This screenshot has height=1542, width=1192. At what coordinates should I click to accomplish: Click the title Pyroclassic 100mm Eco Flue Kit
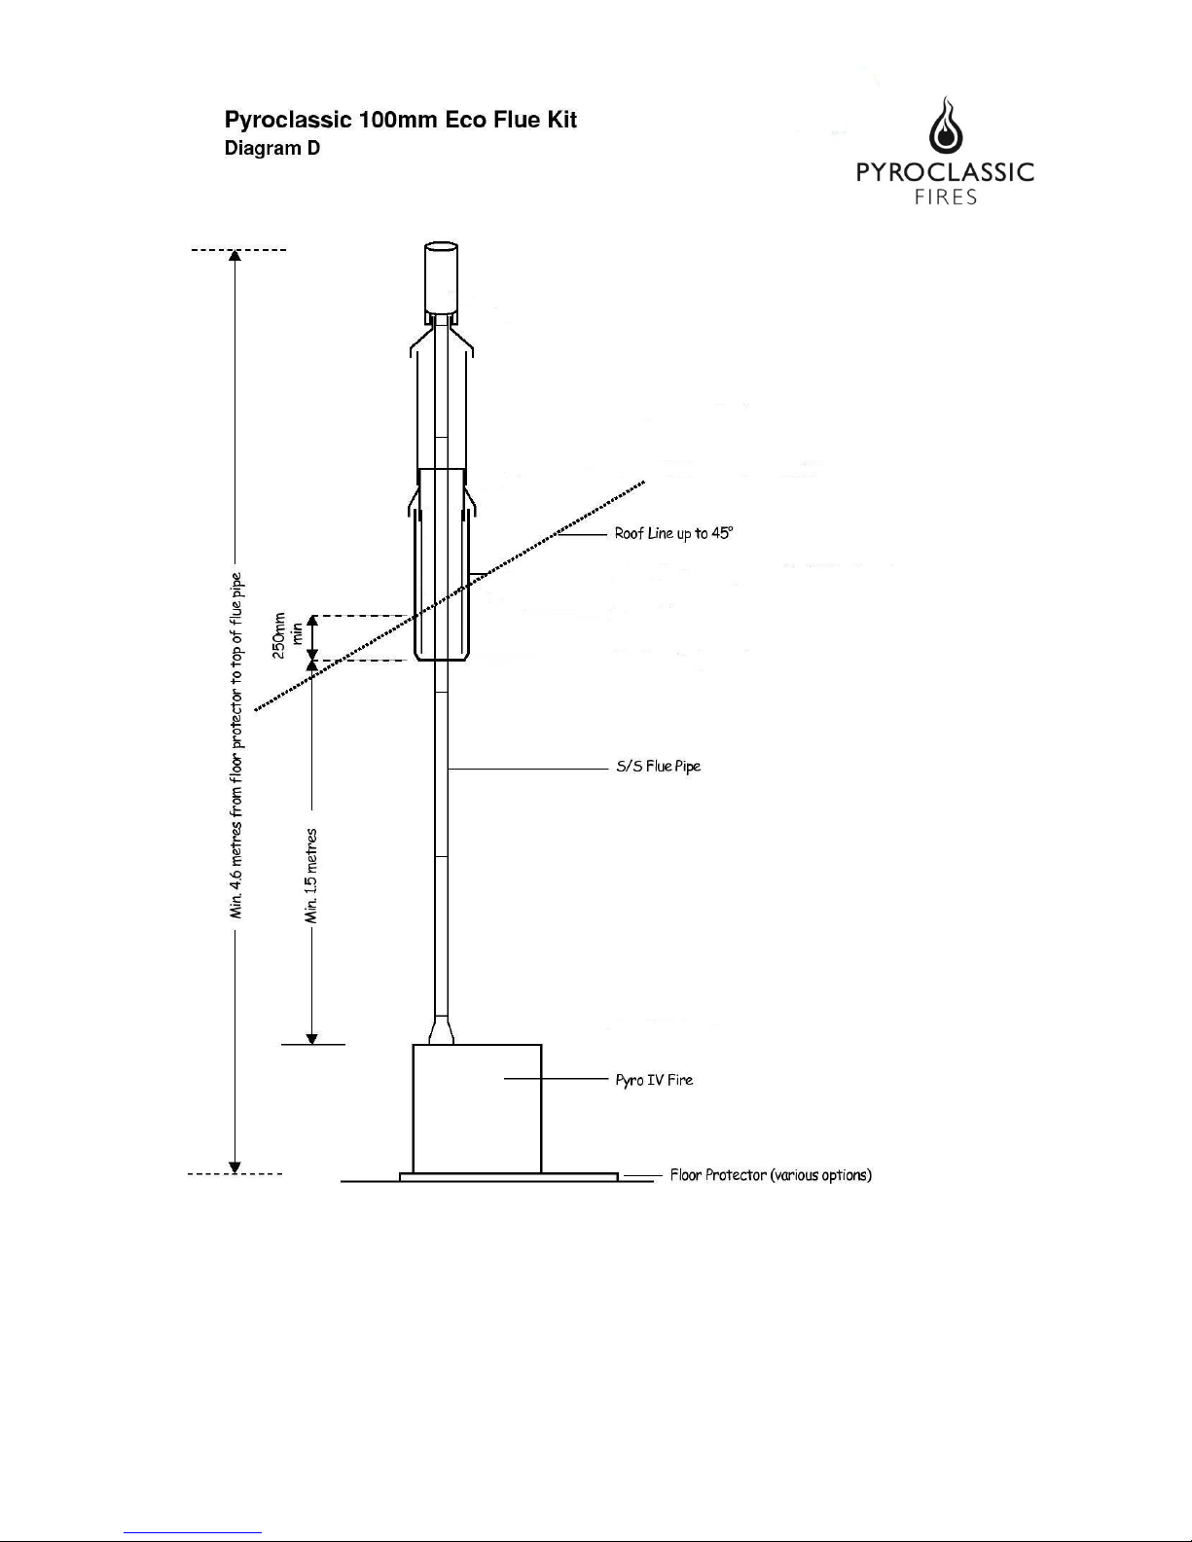click(x=400, y=120)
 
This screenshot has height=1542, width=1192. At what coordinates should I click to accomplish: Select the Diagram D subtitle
click(x=271, y=148)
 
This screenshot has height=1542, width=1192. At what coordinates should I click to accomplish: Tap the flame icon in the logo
click(x=946, y=126)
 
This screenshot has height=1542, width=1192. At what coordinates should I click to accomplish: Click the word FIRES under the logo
click(x=946, y=197)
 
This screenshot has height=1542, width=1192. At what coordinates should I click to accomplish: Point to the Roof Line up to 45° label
click(x=673, y=533)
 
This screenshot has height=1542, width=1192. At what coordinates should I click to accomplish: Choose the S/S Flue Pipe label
click(x=659, y=767)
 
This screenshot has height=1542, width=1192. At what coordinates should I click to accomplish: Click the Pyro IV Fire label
click(x=654, y=1079)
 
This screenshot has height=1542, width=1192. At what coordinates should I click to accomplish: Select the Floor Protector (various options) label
click(x=772, y=1174)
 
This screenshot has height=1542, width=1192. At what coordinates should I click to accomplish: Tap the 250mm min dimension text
click(x=287, y=635)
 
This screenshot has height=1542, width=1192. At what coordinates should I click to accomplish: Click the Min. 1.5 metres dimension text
click(x=310, y=876)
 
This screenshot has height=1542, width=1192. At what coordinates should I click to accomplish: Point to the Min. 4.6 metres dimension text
click(x=236, y=745)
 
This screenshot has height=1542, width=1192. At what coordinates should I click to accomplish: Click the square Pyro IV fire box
click(x=477, y=1108)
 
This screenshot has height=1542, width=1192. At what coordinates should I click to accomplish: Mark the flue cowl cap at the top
click(x=442, y=278)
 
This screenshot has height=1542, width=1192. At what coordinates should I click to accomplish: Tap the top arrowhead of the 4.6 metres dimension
click(x=235, y=256)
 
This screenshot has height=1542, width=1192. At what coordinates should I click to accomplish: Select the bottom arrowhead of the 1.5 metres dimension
click(x=311, y=1039)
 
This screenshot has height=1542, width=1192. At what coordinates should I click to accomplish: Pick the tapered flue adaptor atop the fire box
click(x=442, y=1029)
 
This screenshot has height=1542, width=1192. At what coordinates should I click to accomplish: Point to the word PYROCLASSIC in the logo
click(x=945, y=172)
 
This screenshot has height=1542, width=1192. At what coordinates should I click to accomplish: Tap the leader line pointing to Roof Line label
click(x=582, y=534)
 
